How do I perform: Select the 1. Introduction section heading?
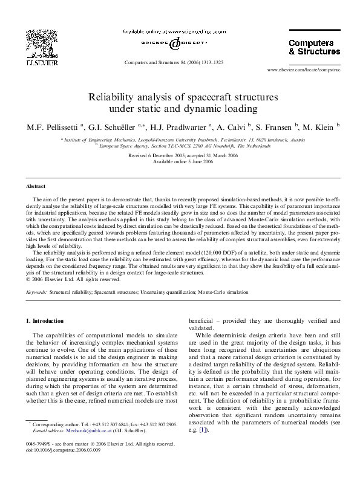click(x=47, y=320)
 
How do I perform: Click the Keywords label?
click(x=37, y=292)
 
